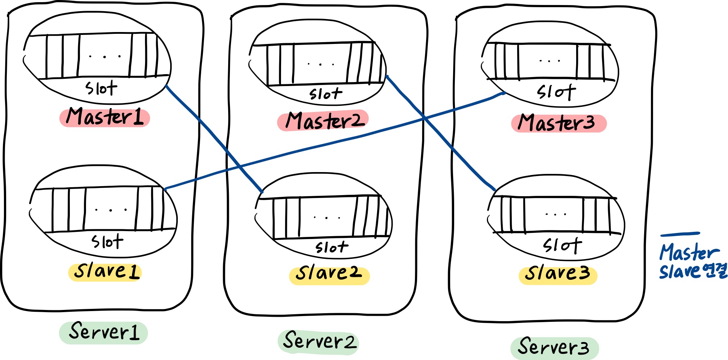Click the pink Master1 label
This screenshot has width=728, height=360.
click(104, 117)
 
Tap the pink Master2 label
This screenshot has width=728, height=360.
click(323, 121)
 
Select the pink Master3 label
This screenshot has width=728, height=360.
click(559, 123)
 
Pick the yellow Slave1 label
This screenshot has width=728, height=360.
click(105, 272)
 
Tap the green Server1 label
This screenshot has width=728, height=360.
click(104, 332)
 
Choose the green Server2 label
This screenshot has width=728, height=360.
click(318, 341)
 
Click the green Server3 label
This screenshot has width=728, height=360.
click(554, 347)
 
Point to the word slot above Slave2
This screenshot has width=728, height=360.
click(331, 247)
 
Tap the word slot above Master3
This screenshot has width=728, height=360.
click(556, 92)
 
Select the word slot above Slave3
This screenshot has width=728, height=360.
click(562, 246)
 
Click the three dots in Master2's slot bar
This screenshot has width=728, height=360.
click(321, 64)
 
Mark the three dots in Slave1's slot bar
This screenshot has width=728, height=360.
click(110, 210)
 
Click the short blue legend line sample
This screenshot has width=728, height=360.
click(680, 234)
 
